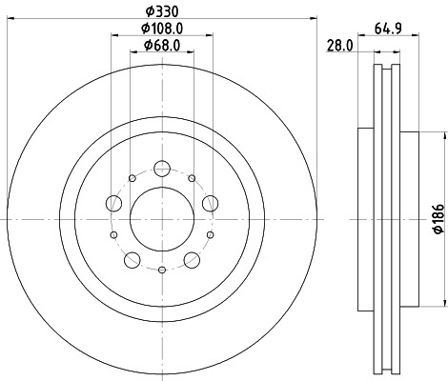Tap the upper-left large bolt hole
(x=114, y=202)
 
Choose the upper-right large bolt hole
(x=210, y=201)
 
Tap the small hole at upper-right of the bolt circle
(x=192, y=178)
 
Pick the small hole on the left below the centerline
(x=114, y=235)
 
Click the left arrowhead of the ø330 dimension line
(x=9, y=23)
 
